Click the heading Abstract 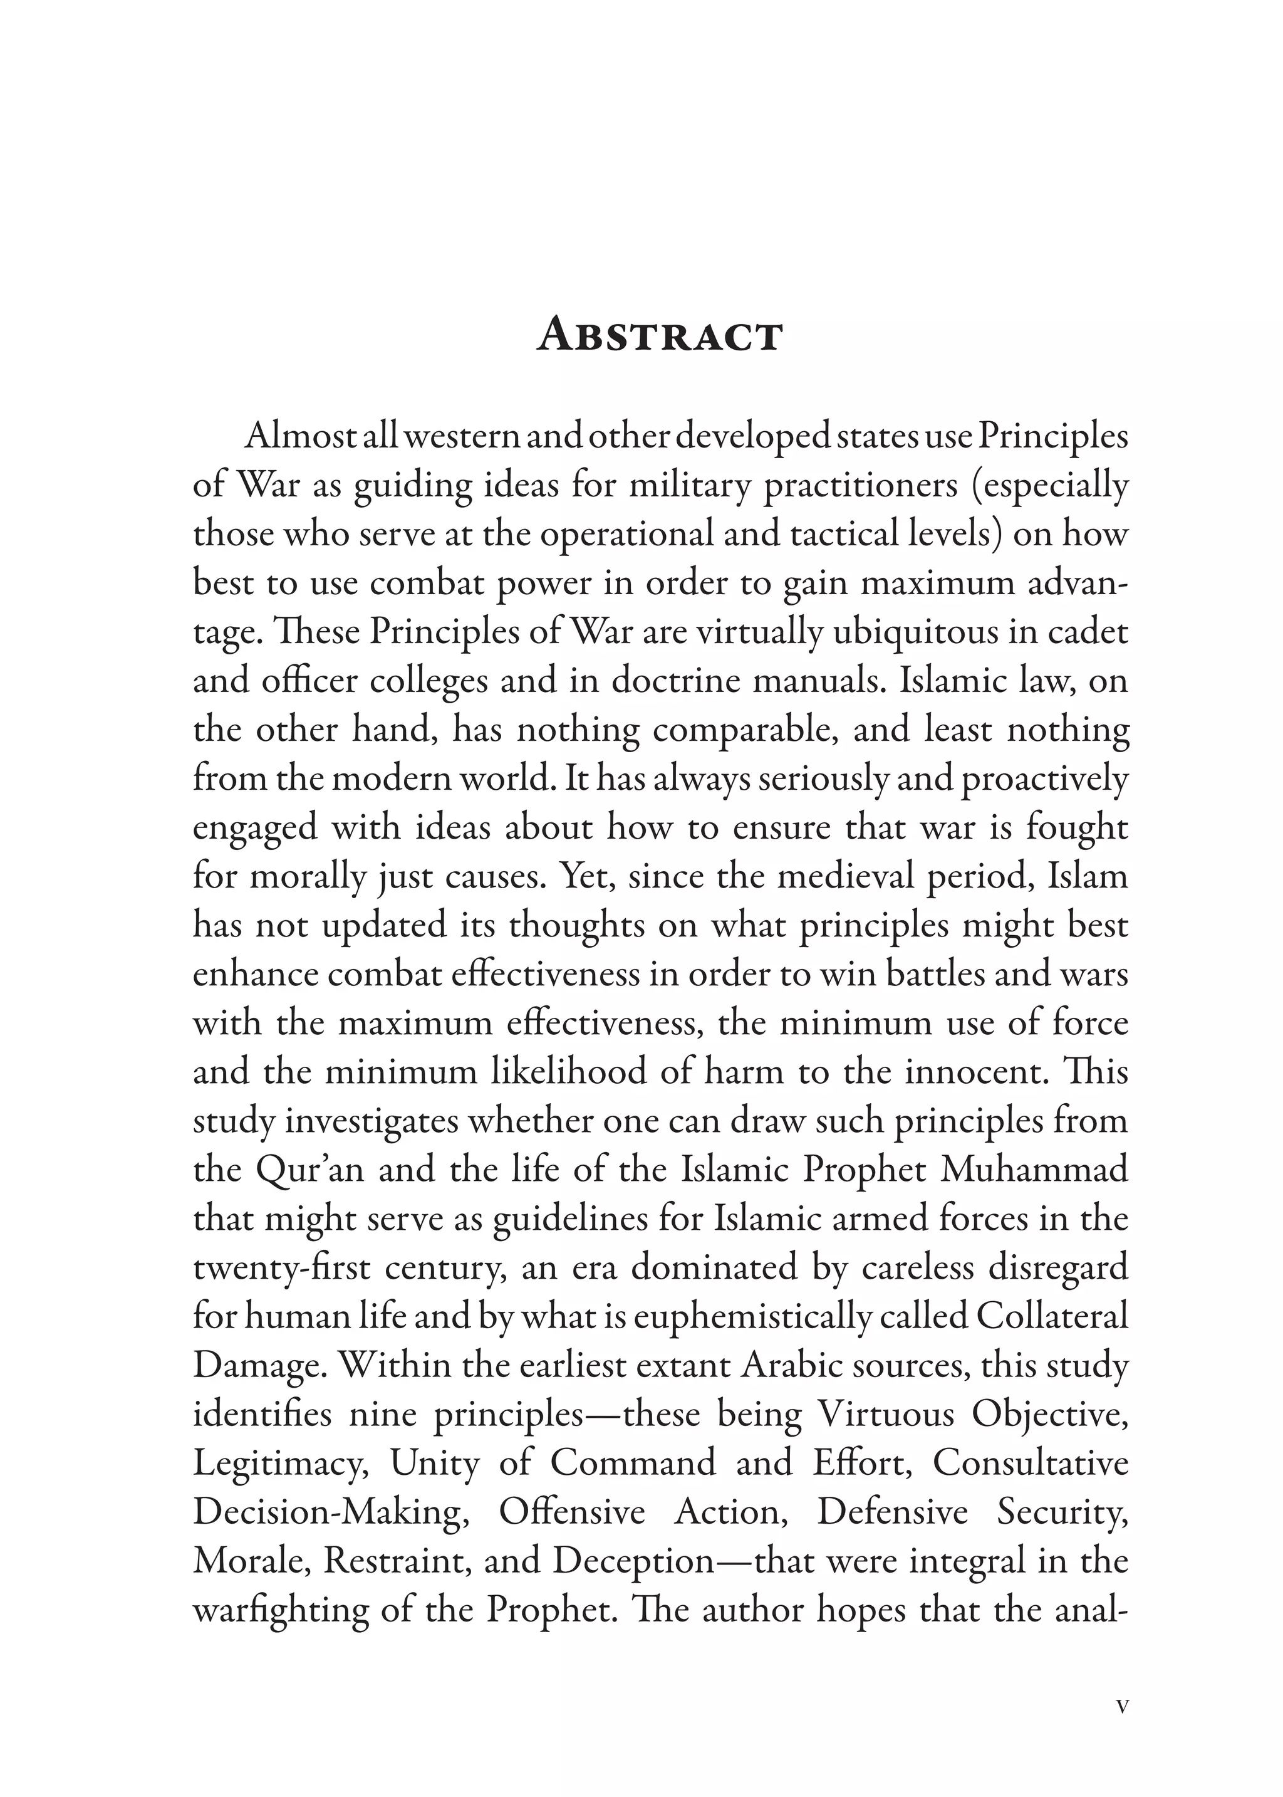point(660,336)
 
